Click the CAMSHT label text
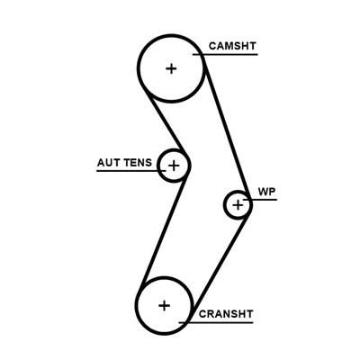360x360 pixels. [x=231, y=45]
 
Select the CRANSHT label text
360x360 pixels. [x=226, y=314]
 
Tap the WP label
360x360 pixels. [x=265, y=192]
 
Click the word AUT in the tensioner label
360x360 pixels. [x=109, y=163]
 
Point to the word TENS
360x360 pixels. [x=139, y=163]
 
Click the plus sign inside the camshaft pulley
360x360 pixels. [x=171, y=67]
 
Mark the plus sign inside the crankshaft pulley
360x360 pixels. [x=164, y=305]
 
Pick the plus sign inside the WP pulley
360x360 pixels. [x=238, y=205]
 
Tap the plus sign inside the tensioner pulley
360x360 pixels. [x=174, y=166]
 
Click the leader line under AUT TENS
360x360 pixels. [x=126, y=171]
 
